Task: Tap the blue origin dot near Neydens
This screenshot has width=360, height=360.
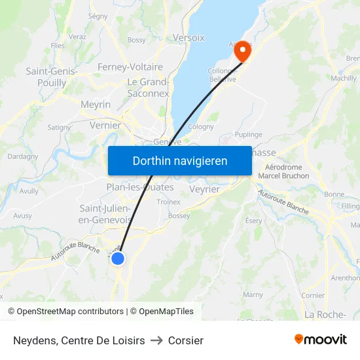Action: (x=118, y=259)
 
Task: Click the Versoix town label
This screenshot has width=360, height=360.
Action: (x=189, y=38)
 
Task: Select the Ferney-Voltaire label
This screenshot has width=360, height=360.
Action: (x=130, y=67)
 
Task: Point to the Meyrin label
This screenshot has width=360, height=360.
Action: (x=96, y=105)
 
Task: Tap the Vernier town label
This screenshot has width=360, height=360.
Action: (x=105, y=125)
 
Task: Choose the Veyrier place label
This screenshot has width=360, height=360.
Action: (x=204, y=189)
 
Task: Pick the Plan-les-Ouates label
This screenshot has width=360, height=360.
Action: (x=140, y=187)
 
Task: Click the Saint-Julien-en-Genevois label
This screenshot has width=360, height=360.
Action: (x=105, y=214)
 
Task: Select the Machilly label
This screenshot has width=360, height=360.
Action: (x=344, y=78)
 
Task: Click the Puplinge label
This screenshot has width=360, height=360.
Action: (x=248, y=134)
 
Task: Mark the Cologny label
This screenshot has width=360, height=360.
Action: (x=200, y=127)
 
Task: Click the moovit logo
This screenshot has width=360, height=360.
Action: (x=320, y=339)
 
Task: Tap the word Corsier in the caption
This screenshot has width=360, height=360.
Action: (x=186, y=340)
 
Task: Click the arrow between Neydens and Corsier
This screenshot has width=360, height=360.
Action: (x=156, y=340)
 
